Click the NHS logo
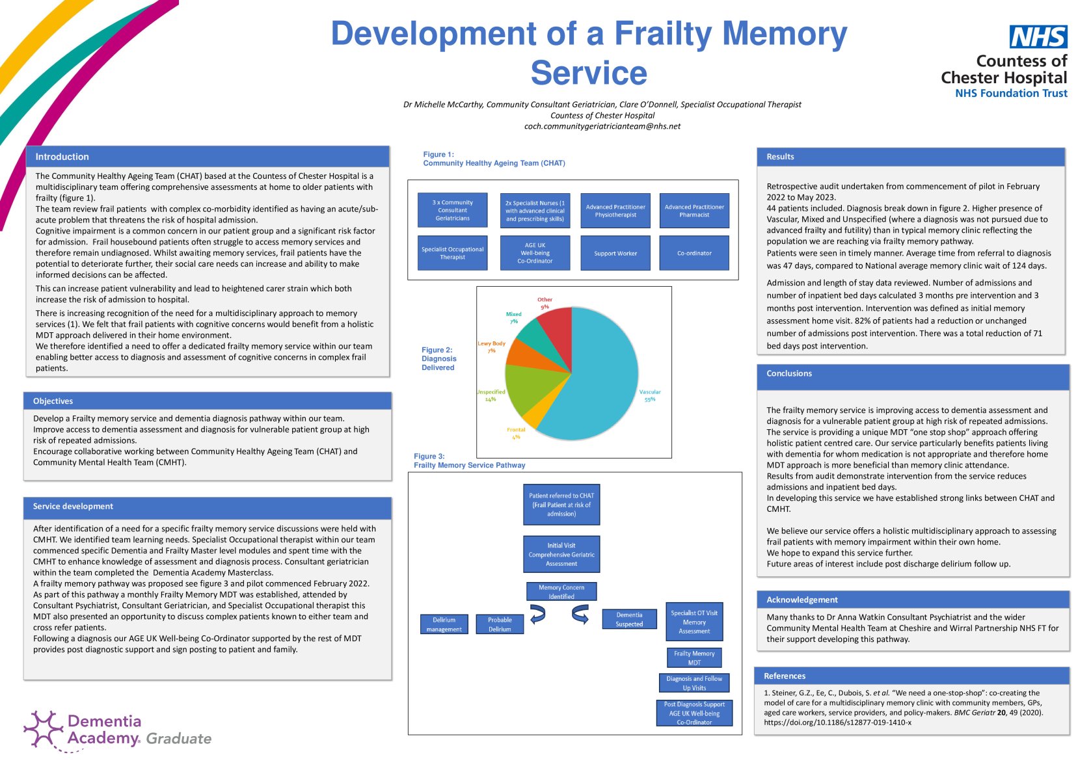tap(1038, 37)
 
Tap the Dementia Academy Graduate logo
tap(118, 730)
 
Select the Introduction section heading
tap(62, 157)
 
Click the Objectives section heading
tap(53, 401)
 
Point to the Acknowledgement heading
tap(801, 600)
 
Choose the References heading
tap(784, 676)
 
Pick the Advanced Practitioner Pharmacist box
tap(694, 211)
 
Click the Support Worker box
tap(615, 253)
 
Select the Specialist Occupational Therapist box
tap(452, 253)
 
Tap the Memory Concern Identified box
tap(561, 592)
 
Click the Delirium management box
tap(444, 624)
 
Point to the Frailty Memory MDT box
tap(694, 658)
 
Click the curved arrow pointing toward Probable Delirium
tap(537, 614)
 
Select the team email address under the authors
tap(602, 126)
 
